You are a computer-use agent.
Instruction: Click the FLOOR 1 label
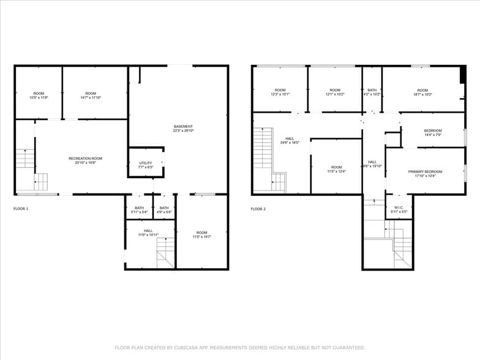tap(21, 209)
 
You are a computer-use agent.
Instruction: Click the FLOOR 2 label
tap(258, 209)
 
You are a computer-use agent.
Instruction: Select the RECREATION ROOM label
tap(85, 159)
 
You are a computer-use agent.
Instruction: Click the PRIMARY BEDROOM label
tap(425, 171)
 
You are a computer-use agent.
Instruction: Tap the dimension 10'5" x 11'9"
tap(39, 97)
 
